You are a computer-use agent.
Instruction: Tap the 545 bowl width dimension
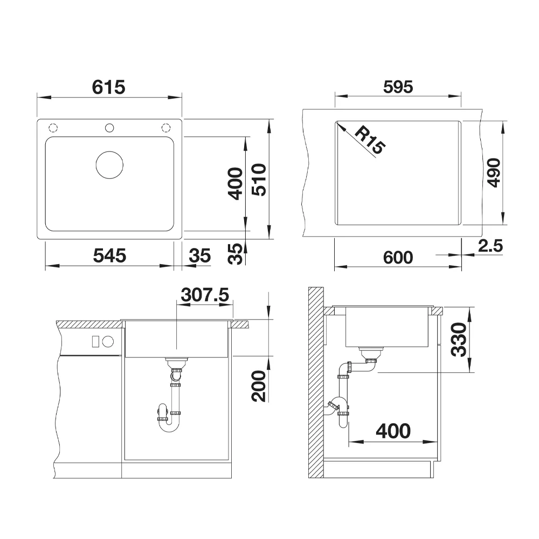(109, 255)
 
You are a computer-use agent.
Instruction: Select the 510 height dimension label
(259, 180)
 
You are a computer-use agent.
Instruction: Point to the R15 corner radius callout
(370, 140)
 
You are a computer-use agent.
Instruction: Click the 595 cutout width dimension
(398, 87)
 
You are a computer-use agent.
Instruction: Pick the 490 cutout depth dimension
(494, 172)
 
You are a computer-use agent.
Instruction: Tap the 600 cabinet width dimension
(398, 258)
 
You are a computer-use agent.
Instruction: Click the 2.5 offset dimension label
(490, 246)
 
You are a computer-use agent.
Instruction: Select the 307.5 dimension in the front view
(205, 295)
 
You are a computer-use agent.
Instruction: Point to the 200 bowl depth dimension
(259, 386)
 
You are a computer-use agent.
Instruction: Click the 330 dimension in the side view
(459, 339)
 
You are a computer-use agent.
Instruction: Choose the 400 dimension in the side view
(393, 431)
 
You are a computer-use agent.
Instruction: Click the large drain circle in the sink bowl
(109, 165)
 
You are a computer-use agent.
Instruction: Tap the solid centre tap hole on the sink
(109, 128)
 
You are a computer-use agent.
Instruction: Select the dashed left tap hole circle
(53, 128)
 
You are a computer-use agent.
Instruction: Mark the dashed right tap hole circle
(166, 128)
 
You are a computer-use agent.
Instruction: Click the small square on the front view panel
(95, 342)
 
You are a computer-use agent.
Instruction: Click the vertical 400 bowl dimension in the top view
(236, 184)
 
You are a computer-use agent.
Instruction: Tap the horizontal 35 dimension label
(200, 255)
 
